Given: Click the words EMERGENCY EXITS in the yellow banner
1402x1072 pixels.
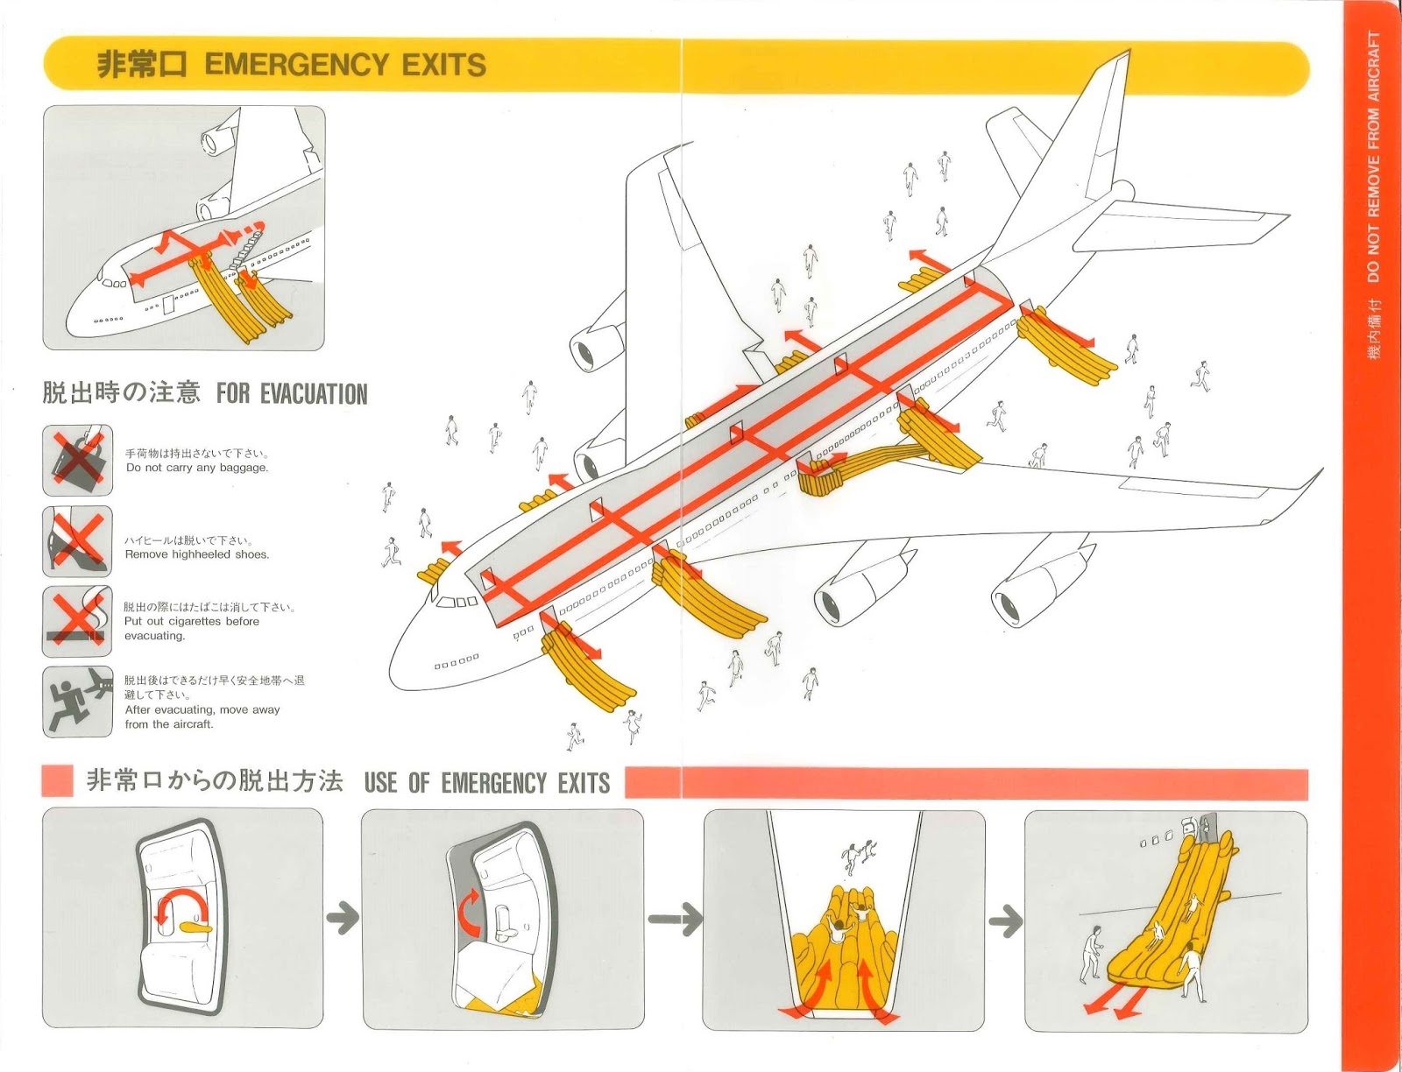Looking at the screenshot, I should coord(345,64).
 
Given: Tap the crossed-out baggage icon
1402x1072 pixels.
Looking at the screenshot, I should coord(78,460).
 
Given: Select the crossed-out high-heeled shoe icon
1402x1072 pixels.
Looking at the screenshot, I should coord(78,540).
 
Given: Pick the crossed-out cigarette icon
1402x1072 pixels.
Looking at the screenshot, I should coord(78,621).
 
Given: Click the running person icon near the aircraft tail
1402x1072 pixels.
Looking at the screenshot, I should coord(78,702).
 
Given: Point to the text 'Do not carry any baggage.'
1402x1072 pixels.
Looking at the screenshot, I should coord(197,468).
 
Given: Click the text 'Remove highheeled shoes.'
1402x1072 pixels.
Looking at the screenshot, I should coord(197,554).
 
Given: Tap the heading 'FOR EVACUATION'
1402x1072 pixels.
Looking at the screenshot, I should coord(292,394).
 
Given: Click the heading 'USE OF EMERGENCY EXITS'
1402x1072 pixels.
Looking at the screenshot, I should coord(487,782).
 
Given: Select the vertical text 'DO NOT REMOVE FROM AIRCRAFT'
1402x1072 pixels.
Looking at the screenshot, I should coord(1373,158).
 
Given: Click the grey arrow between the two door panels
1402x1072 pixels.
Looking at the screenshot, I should coord(343,919).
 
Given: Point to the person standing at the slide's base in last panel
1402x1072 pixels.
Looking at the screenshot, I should coord(1091,955).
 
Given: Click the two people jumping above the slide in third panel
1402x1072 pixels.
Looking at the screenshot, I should coord(859,854).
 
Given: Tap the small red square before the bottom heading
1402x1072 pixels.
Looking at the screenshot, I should coord(57,781).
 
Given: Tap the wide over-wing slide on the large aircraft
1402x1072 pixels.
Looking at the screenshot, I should coord(867,464).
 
